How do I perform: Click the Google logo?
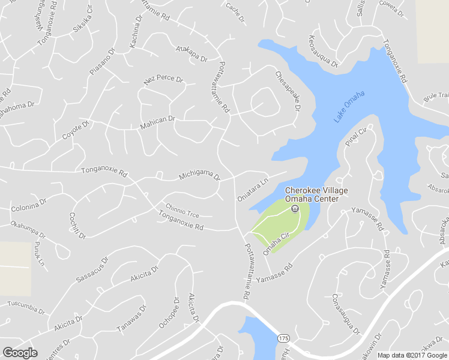click(x=20, y=352)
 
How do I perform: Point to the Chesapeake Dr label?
click(x=288, y=91)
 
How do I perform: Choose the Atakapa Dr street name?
click(x=191, y=54)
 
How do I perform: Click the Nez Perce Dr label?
click(x=163, y=80)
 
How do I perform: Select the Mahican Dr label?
click(x=157, y=122)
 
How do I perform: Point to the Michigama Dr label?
click(x=200, y=176)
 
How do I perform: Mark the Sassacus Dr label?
click(x=92, y=269)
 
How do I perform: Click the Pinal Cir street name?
click(x=356, y=137)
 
